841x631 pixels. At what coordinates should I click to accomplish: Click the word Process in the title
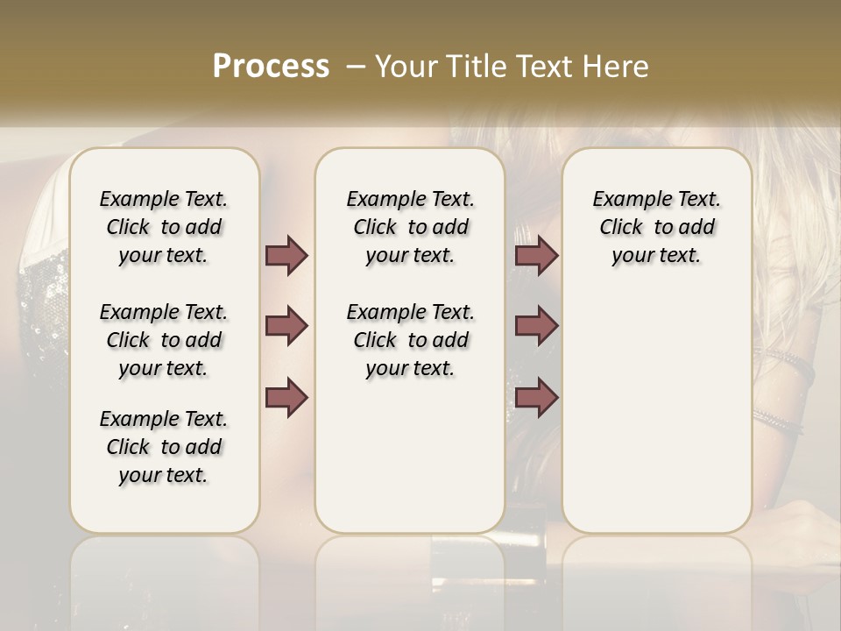coord(271,67)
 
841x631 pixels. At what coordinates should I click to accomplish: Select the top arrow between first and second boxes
coord(286,255)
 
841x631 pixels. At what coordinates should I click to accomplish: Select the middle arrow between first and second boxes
coord(286,326)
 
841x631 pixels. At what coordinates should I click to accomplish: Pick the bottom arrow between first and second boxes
coord(286,397)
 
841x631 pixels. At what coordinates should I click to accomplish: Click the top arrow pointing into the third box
coord(536,255)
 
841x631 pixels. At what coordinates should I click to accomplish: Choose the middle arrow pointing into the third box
coord(536,326)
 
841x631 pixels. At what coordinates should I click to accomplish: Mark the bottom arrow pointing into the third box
coord(536,397)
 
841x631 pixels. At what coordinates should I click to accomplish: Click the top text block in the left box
coord(164,227)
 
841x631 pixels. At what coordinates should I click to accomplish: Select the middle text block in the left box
coord(164,340)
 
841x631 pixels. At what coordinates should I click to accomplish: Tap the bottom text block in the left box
coord(164,447)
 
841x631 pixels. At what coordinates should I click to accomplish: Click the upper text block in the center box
coord(411,227)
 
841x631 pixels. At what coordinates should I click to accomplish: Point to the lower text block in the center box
coord(411,340)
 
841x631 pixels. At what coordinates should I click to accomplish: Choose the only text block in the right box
coord(657,227)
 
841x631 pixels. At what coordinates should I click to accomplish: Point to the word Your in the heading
coord(404,67)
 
